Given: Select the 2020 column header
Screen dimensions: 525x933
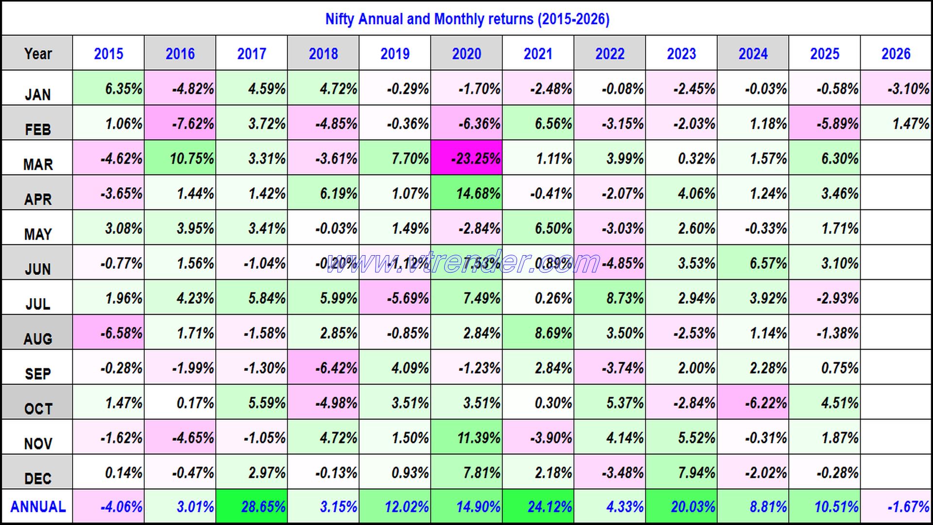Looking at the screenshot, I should (466, 53).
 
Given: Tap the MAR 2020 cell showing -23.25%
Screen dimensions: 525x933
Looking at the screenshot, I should (466, 158).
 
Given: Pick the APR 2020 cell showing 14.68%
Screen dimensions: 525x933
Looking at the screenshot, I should (466, 193).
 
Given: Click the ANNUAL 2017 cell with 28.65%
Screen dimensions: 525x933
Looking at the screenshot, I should (252, 507).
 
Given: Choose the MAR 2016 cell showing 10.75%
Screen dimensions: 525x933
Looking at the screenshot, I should (180, 158).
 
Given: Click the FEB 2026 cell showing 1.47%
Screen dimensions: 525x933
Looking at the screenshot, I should (897, 123).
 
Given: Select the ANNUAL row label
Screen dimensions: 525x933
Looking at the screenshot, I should (37, 507).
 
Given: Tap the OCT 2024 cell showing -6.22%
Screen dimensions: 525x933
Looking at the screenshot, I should (753, 402).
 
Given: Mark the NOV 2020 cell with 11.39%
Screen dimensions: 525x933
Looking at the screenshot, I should (466, 437).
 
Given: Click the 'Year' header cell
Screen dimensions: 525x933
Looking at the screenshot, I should (37, 53).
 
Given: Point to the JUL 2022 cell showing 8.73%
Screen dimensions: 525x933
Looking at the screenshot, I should (610, 297).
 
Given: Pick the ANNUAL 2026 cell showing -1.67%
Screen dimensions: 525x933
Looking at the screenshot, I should (897, 507).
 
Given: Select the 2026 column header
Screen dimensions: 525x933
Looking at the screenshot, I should (897, 53).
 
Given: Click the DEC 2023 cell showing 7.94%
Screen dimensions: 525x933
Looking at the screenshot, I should (681, 472).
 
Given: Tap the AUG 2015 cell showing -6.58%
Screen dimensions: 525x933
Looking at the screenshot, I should (108, 332).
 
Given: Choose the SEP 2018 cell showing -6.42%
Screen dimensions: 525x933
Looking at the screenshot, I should (323, 367).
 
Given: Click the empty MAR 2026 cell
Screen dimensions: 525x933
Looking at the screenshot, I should (897, 158).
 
